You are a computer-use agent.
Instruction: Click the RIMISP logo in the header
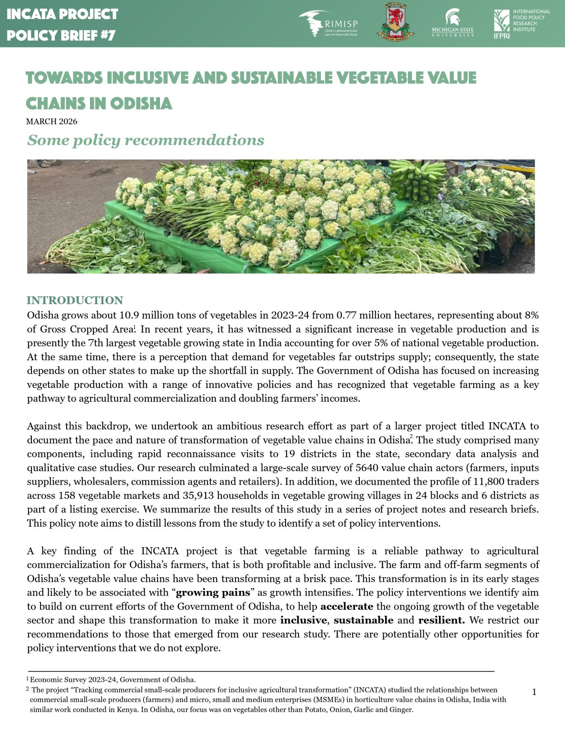click(328, 24)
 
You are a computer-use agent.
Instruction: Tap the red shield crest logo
click(395, 21)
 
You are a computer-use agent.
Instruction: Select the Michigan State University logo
click(453, 23)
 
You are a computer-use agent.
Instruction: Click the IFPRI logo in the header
click(521, 23)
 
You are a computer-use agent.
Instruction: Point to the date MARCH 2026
click(51, 122)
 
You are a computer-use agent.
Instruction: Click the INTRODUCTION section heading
click(75, 300)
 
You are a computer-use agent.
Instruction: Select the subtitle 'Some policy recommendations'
click(145, 140)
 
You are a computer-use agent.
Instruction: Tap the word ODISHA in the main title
click(141, 103)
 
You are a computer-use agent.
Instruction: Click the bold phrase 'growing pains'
click(213, 593)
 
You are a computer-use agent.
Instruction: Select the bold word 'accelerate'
click(347, 607)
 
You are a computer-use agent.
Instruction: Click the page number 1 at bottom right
click(534, 692)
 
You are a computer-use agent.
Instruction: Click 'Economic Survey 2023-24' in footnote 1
click(69, 680)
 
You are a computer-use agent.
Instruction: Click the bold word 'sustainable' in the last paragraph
click(363, 620)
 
